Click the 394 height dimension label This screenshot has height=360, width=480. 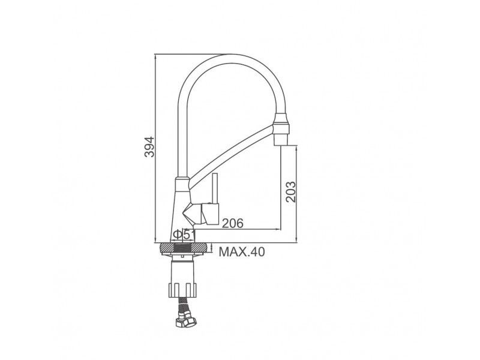pos(149,146)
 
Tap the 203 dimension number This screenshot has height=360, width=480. pos(290,192)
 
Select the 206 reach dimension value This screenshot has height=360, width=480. pos(233,223)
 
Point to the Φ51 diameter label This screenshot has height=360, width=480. pos(184,235)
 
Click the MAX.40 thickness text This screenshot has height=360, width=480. pos(242,252)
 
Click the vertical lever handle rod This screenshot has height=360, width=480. pos(215,188)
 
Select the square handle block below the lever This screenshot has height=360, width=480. pos(210,214)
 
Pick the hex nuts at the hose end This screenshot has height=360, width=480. pos(185,320)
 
